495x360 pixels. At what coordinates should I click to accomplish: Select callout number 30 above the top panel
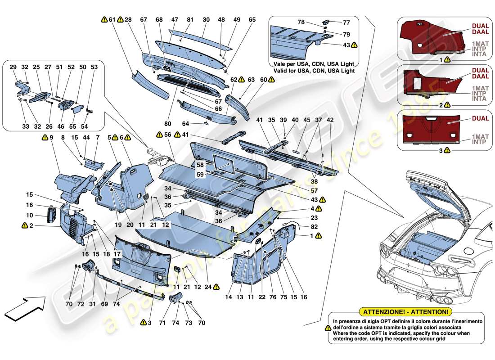[x=206, y=20]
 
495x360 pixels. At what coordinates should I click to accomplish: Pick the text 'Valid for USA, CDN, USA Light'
[x=312, y=71]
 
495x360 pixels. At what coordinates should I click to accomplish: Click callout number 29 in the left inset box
[x=13, y=67]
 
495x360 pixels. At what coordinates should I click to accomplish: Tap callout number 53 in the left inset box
[x=94, y=67]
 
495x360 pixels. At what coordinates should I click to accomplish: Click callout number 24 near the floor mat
[x=207, y=286]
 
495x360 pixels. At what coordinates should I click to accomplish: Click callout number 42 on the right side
[x=330, y=120]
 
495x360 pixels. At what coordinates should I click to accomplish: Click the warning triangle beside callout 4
[x=319, y=208]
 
